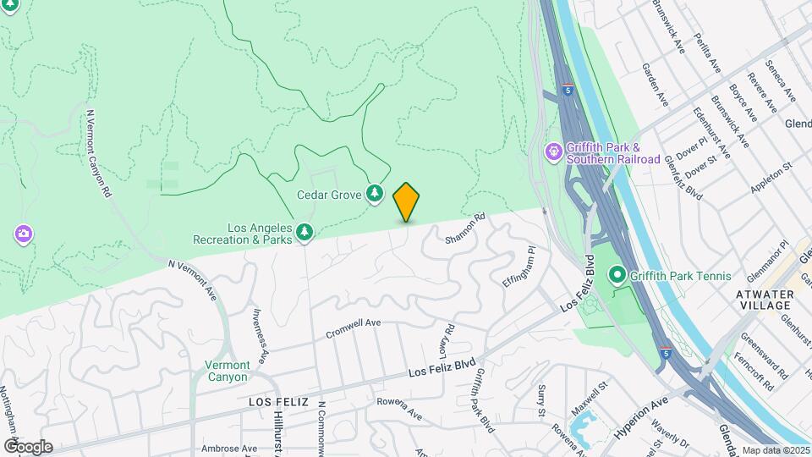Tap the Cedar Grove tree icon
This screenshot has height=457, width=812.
374,195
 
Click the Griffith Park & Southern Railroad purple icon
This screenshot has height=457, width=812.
554,152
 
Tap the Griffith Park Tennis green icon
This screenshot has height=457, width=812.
617,275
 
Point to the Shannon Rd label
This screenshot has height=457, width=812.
466,228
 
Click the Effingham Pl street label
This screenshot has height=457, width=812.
518,267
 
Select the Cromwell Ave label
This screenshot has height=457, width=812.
354,328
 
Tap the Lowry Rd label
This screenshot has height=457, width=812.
447,339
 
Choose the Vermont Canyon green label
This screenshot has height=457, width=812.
228,371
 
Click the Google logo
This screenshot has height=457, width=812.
27,446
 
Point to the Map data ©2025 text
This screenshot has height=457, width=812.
776,450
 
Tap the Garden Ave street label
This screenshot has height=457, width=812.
656,85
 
